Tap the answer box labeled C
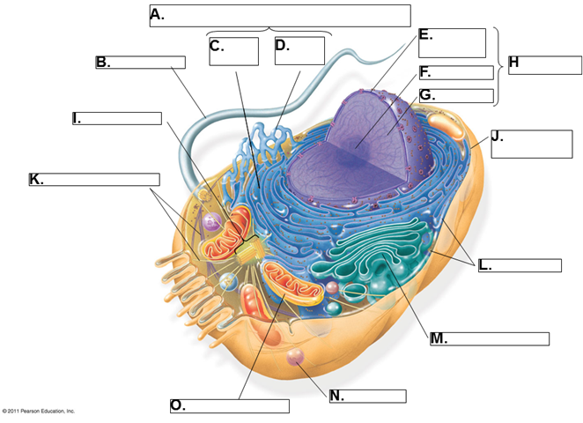(x=233, y=51)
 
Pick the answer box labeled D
(x=299, y=51)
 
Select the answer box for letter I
(x=122, y=118)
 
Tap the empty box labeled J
(x=532, y=144)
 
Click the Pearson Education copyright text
(x=39, y=411)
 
